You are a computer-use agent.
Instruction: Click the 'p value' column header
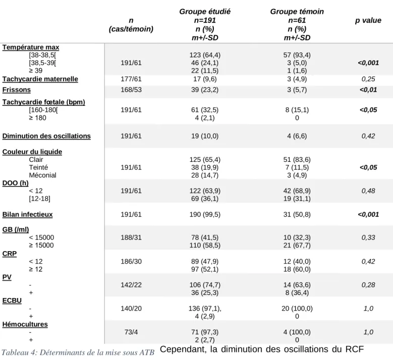coord(368,20)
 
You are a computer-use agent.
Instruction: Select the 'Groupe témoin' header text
coord(297,12)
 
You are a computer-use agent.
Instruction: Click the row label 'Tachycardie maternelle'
coord(40,79)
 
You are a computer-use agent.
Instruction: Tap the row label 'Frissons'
coord(17,90)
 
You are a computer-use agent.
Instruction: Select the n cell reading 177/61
coord(131,79)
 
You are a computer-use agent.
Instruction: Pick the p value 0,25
coord(368,79)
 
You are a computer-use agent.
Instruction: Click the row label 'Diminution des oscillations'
coord(46,136)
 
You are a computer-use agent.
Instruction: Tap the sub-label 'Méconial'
coord(42,175)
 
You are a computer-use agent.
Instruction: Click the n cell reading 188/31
coord(131,237)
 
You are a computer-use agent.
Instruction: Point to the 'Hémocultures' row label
coord(25,324)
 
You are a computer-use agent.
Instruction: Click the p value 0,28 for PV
coord(368,285)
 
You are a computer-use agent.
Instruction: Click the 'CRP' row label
coord(10,254)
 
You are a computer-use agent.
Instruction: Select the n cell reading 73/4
coord(131,332)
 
